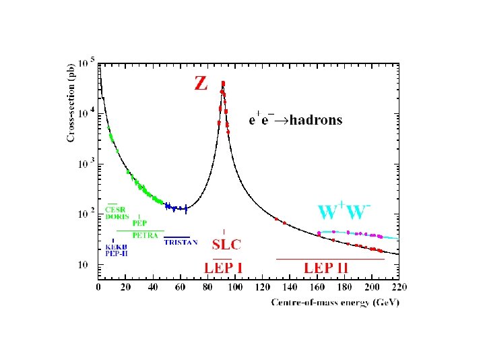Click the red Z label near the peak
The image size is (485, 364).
201,83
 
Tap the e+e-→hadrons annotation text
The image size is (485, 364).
295,121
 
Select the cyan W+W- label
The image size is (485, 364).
346,211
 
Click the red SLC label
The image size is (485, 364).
226,243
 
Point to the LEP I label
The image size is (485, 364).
224,268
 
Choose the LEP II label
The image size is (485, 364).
327,268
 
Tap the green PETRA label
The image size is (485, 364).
145,235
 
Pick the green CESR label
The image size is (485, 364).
115,210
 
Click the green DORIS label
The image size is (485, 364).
117,216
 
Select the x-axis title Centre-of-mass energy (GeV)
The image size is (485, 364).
335,303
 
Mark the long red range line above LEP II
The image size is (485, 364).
330,259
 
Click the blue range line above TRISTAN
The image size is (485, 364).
177,237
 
